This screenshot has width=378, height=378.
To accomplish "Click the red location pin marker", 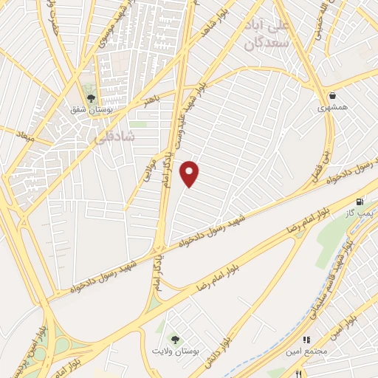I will coord(190,173).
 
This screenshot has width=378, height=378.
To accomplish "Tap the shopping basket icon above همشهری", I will coord(333,94).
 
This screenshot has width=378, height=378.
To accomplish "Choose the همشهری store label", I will coord(332,108).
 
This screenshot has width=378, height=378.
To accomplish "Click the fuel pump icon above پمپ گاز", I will coord(360,201).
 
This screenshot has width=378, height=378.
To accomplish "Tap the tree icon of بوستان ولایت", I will coord(175,339).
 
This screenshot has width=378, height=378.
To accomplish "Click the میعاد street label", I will coord(25,136).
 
